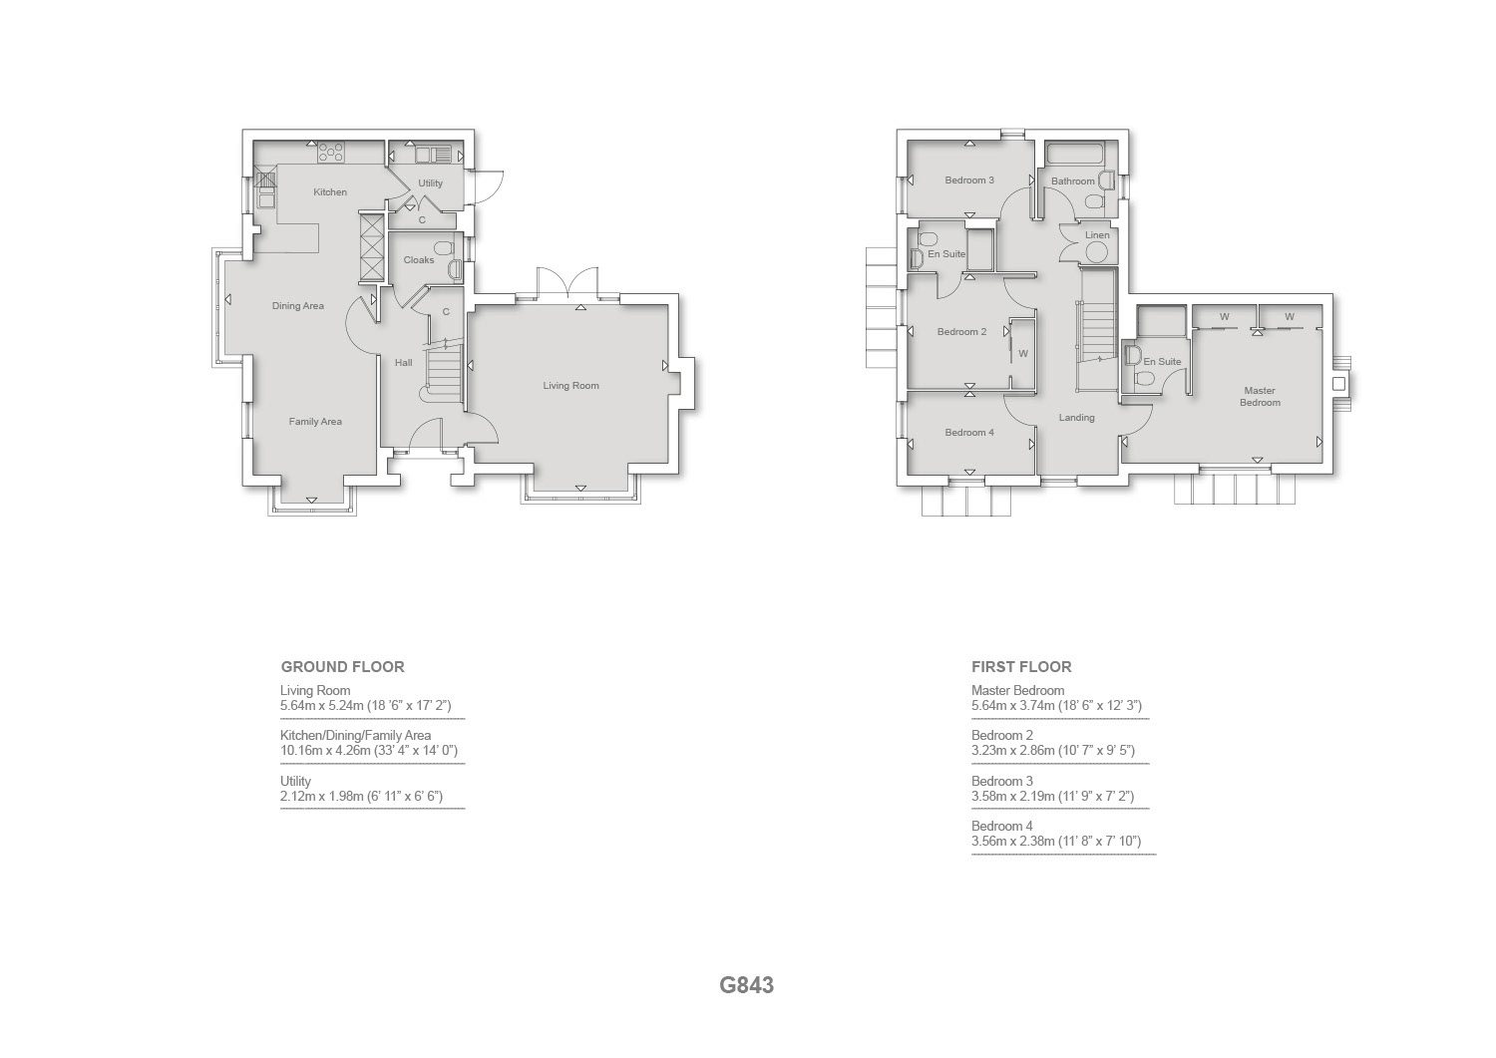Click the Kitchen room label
coord(330,192)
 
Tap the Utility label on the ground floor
coord(430,183)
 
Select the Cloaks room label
coord(419,260)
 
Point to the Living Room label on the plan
coord(570,385)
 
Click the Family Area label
coord(315,422)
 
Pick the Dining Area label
coord(298,306)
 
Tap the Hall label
coord(403,363)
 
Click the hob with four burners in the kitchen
coord(330,153)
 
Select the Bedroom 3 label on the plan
coord(969,180)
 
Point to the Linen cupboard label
coord(1097,235)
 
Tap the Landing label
coord(1076,418)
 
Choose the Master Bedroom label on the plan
coord(1260,396)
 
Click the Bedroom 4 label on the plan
coord(969,433)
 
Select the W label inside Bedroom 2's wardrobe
coord(1023,354)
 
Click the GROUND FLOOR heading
coord(343,666)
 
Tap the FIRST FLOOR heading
coord(1021,666)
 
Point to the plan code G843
coord(747,985)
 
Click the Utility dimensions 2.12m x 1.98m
coord(361,796)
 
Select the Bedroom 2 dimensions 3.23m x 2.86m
coord(1053,750)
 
